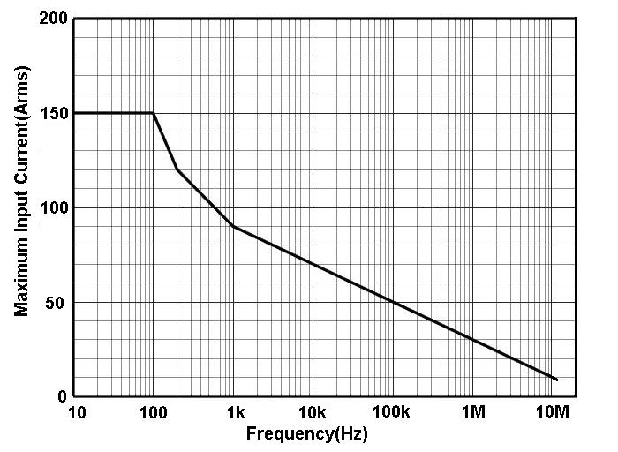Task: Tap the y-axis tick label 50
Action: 57,303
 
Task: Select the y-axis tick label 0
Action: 62,397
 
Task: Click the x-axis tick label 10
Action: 76,412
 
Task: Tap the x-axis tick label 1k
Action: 234,412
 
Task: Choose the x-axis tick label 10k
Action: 313,412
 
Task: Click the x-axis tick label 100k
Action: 392,412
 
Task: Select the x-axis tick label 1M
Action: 473,412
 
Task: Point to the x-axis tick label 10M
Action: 553,412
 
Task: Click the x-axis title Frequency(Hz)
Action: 306,434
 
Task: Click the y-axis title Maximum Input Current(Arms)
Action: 23,207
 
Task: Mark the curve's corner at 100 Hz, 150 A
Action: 154,113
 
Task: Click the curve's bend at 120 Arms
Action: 177,169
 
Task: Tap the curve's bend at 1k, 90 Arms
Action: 233,227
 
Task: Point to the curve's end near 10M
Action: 557,380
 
